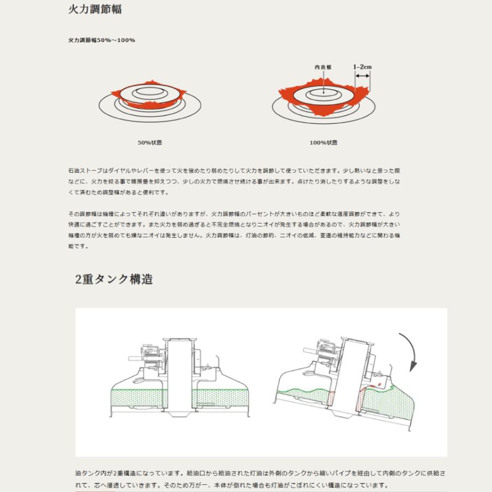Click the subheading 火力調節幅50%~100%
tap(102, 40)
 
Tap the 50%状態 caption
tap(149, 143)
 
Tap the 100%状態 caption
tap(323, 143)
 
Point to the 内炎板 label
tap(323, 67)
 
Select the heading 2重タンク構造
tap(114, 279)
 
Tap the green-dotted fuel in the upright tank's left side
tap(137, 399)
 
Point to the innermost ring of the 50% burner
tap(150, 92)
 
